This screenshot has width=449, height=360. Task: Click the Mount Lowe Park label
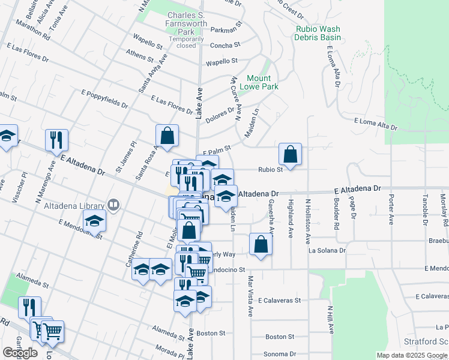coord(259,82)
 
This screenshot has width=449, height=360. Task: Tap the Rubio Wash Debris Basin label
coord(318,33)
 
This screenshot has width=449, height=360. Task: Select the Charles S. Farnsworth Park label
coord(187,23)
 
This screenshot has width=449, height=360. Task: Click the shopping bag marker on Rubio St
coord(291,154)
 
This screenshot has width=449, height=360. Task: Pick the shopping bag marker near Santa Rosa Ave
coord(167,136)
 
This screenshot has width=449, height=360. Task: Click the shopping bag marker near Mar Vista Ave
coord(261,244)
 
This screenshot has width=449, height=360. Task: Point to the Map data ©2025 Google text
coord(411,355)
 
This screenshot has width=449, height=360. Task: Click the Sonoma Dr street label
coord(281,354)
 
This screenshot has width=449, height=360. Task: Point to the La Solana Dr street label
coord(327,250)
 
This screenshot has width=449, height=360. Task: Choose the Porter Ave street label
coord(391,209)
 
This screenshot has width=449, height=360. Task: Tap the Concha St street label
coord(224,44)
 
